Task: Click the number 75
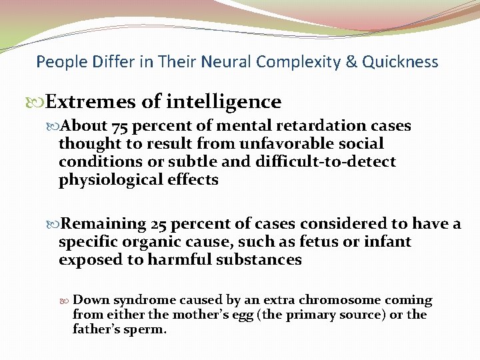121,126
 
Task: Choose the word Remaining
108,224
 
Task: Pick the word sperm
146,329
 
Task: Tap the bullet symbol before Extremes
39,103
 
